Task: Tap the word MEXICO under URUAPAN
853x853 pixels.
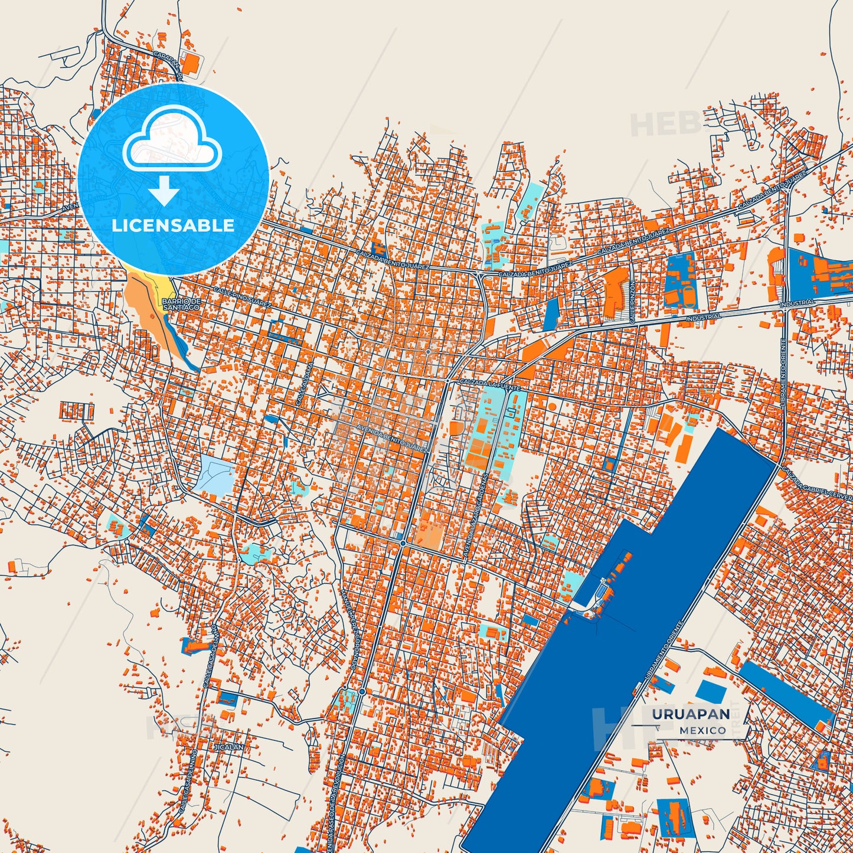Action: click(x=702, y=730)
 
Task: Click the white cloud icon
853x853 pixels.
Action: click(x=172, y=140)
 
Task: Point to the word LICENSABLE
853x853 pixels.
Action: click(x=173, y=225)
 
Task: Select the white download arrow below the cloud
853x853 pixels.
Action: click(x=164, y=190)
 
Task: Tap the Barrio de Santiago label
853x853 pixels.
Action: click(x=182, y=305)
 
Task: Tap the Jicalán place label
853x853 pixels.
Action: click(x=228, y=747)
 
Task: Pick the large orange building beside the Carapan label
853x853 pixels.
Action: click(x=189, y=64)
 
